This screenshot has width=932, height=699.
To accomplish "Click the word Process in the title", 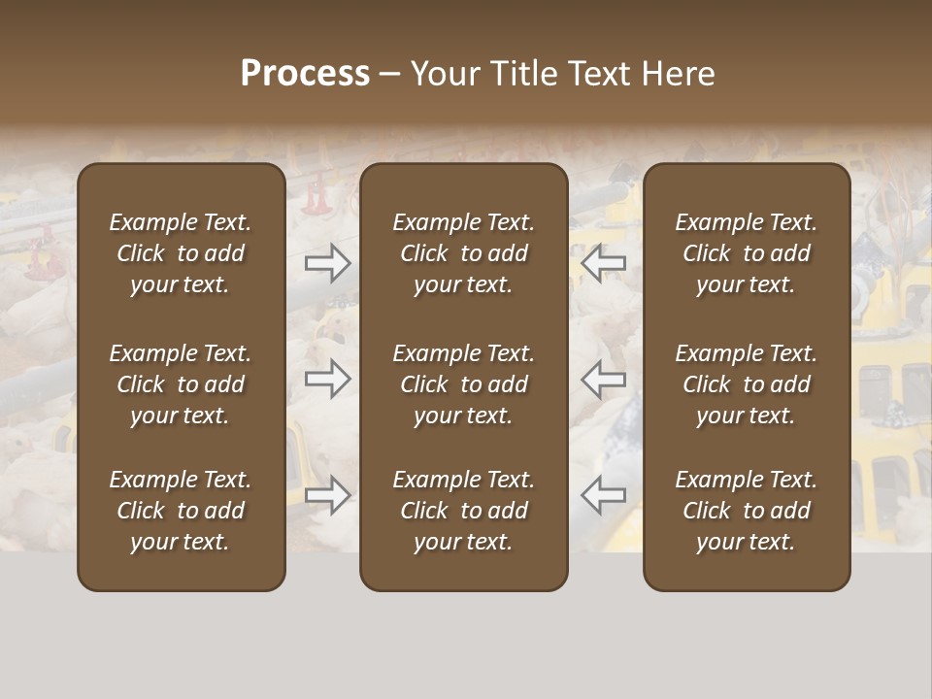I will (305, 74).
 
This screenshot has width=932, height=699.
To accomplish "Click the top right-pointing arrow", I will (328, 262).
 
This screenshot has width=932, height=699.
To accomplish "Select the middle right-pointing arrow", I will (328, 379).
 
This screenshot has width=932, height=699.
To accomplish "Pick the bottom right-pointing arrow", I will (328, 495).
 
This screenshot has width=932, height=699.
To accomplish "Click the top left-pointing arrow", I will (604, 262).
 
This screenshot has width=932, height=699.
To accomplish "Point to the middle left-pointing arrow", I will (604, 379).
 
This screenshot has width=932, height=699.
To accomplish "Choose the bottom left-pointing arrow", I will (604, 495).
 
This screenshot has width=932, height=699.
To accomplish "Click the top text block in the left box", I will (181, 253).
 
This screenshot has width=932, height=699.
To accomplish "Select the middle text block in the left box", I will (181, 384).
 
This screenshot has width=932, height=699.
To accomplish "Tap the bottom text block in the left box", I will (181, 511).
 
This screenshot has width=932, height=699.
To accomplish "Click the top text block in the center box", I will (464, 253).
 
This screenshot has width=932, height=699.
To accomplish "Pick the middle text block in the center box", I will (464, 384).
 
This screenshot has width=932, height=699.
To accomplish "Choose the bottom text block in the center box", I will (464, 511).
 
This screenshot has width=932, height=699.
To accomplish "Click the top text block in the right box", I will (747, 253).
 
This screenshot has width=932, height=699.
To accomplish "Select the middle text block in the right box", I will (747, 384).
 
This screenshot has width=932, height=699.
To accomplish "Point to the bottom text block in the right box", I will (747, 511).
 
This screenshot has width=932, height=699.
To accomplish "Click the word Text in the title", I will (603, 74).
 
